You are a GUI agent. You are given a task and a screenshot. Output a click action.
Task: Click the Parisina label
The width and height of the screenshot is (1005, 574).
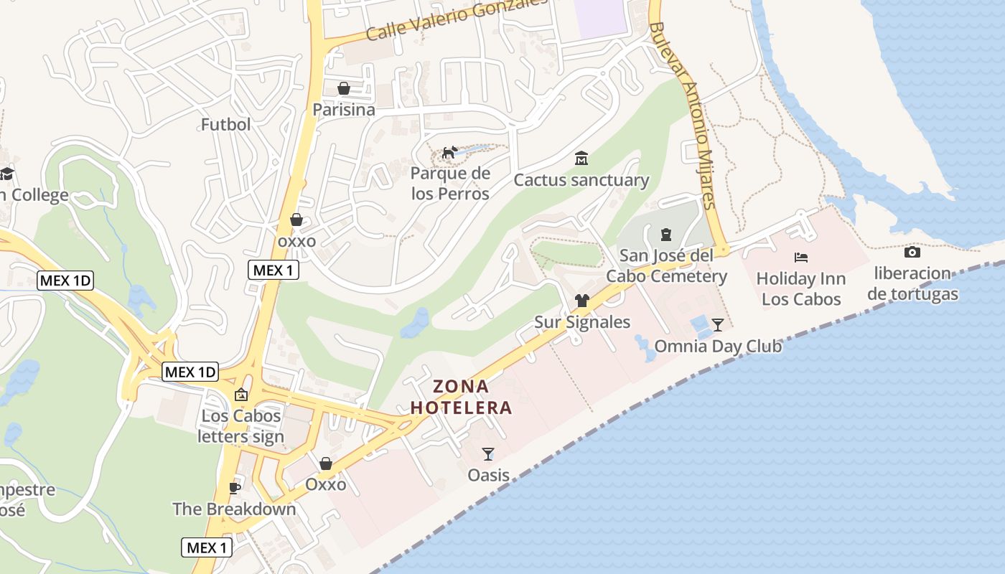tap(343, 110)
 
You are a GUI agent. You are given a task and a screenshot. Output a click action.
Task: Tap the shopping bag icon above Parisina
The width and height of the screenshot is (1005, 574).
tap(344, 88)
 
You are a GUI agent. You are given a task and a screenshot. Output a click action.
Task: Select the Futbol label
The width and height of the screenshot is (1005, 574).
tap(225, 125)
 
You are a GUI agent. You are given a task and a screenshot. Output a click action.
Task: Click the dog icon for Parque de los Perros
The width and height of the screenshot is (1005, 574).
tap(449, 152)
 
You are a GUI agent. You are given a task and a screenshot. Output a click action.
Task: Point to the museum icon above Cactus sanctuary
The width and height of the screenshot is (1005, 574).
tap(581, 158)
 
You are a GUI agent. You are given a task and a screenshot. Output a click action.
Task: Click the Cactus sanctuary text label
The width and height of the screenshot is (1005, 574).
tap(581, 180)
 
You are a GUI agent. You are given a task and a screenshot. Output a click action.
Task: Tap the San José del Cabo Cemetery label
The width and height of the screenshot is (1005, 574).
tap(666, 266)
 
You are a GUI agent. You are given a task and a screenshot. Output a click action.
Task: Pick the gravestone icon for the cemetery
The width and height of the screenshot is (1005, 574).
tap(665, 234)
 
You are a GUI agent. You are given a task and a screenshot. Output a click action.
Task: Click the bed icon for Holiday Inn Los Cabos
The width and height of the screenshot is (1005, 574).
tap(801, 257)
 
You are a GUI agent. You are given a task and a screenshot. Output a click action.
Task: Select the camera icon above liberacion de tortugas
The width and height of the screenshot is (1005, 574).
tap(912, 252)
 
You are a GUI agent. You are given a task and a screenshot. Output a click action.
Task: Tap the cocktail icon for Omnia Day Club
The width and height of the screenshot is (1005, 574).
tap(717, 324)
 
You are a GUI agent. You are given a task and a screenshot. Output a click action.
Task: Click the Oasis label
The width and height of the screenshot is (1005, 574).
tap(488, 475)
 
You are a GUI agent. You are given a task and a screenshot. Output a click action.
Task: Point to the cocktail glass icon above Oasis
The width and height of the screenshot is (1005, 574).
tap(488, 453)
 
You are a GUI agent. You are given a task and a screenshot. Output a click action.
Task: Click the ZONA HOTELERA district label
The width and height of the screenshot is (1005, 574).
tap(461, 397)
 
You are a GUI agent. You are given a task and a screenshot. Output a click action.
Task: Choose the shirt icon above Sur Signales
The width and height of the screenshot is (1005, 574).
tap(581, 301)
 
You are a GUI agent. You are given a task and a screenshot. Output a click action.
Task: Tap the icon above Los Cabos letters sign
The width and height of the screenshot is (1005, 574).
tap(241, 395)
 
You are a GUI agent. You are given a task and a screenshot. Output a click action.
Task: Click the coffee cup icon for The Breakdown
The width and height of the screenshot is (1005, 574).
tap(234, 488)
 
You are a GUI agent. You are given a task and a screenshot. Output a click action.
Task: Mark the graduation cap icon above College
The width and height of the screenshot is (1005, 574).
tap(7, 174)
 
